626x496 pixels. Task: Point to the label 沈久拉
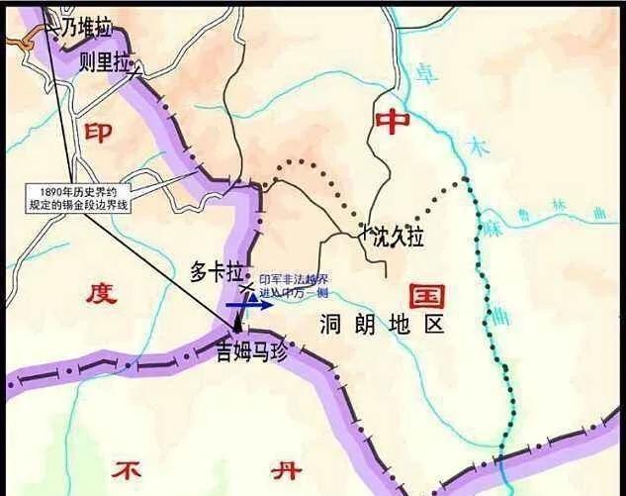[398, 237]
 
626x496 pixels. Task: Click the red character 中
[393, 121]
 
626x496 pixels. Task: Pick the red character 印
[97, 133]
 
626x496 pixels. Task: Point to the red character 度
[101, 293]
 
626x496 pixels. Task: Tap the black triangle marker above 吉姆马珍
[237, 328]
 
